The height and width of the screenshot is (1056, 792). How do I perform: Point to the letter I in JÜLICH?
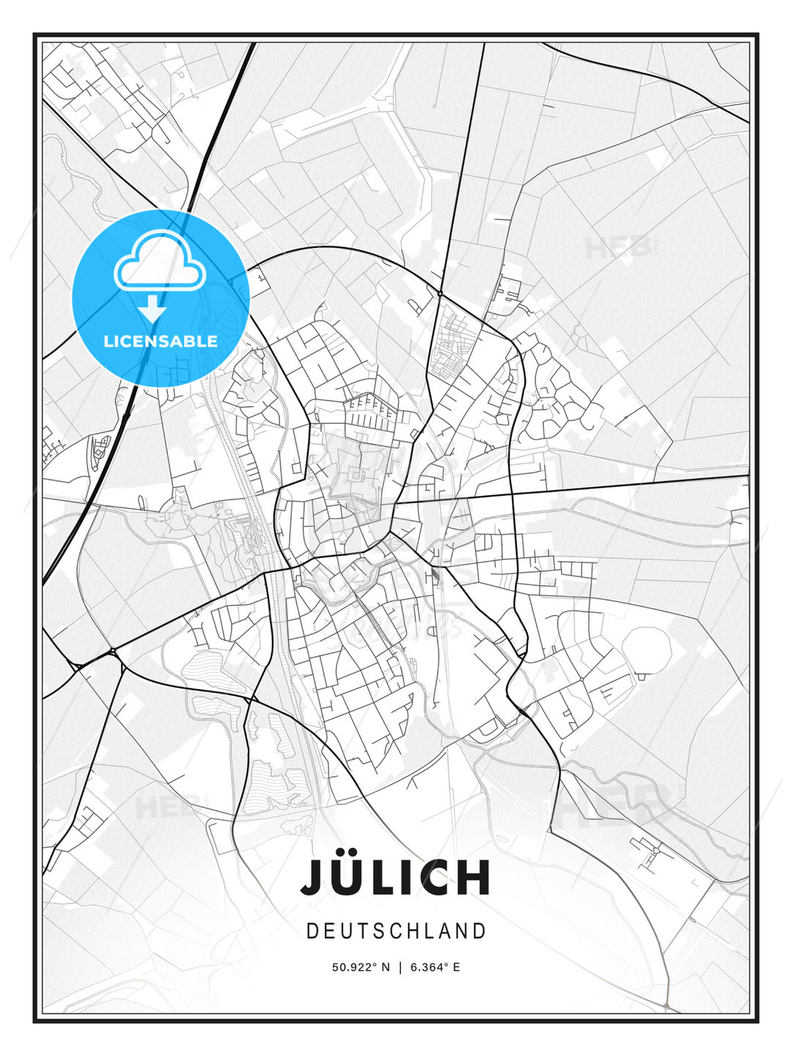pyautogui.click(x=417, y=877)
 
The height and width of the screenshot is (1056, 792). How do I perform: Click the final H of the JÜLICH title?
pyautogui.click(x=476, y=877)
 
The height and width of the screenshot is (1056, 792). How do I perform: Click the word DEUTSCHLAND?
pyautogui.click(x=396, y=931)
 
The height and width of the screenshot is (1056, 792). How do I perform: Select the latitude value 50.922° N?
pyautogui.click(x=361, y=967)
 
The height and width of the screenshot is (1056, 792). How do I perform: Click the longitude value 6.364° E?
pyautogui.click(x=435, y=967)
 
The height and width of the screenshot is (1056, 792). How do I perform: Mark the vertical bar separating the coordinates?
pyautogui.click(x=400, y=967)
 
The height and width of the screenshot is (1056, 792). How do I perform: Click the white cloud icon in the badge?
pyautogui.click(x=159, y=262)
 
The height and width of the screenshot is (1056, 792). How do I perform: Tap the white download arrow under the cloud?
pyautogui.click(x=153, y=309)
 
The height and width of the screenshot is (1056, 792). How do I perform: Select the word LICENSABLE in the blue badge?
pyautogui.click(x=161, y=341)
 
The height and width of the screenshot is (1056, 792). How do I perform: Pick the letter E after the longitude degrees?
pyautogui.click(x=456, y=967)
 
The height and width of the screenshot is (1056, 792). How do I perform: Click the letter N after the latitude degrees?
pyautogui.click(x=386, y=967)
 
